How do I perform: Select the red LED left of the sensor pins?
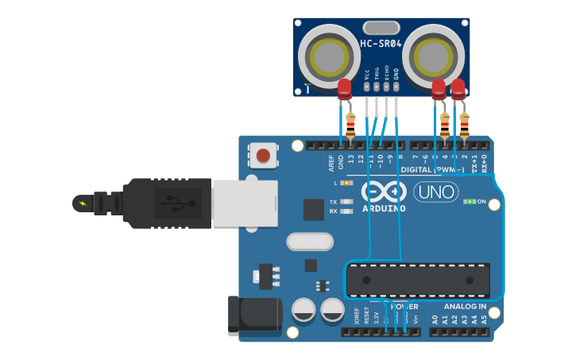[x=344, y=90]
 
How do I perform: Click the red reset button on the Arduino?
[x=263, y=155]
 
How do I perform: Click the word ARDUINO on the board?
[x=385, y=208]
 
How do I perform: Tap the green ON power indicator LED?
[x=470, y=201]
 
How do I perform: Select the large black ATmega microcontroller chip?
[x=418, y=279]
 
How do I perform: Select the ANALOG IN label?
[x=465, y=306]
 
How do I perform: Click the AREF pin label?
[x=331, y=163]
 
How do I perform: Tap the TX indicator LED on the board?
[x=346, y=202]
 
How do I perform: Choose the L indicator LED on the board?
[x=346, y=183]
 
